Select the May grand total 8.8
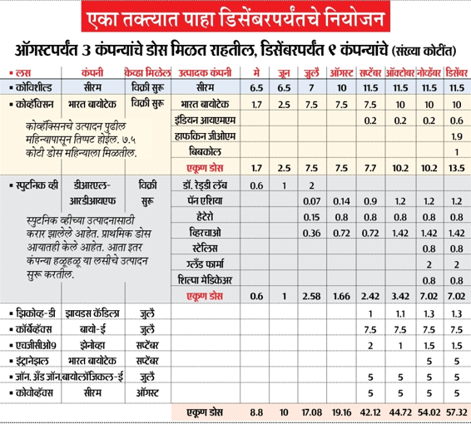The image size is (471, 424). point(256,412)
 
